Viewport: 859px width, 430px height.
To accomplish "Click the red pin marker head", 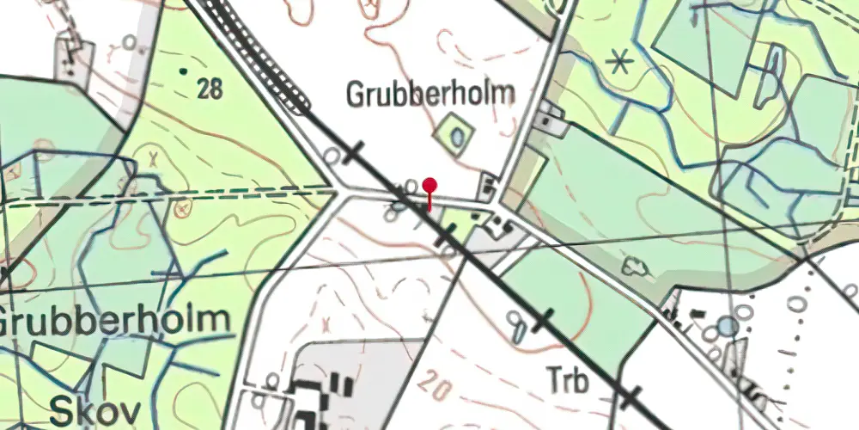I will coord(429,185).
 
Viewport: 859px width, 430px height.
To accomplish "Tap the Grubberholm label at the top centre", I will coord(430,94).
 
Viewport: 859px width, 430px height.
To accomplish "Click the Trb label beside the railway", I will coord(568,380).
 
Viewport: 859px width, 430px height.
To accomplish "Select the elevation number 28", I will coord(210,88).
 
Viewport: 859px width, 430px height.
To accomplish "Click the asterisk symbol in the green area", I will coord(616,62).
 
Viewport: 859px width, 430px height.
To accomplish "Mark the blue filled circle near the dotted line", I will coord(728,327).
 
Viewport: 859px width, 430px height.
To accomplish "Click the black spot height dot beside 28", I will coord(182,71).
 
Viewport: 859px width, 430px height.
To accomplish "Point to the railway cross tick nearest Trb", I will coord(632,397).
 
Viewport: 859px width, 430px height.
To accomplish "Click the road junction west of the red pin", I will coord(344,192).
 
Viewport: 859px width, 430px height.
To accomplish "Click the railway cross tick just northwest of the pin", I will coord(354,152).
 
